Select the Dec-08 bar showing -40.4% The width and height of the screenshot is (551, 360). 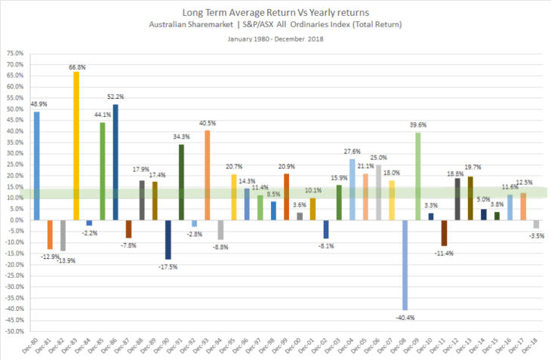pos(406,265)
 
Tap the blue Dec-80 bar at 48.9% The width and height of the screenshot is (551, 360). pos(36,166)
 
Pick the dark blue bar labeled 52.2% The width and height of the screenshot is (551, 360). pos(115,162)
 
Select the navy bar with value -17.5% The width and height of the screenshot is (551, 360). pos(168,240)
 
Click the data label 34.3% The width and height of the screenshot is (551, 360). pos(181,137)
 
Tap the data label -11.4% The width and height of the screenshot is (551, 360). pos(445,252)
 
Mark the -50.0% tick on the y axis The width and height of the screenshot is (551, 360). pos(14,331)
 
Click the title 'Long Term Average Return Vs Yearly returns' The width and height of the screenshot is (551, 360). pos(275,13)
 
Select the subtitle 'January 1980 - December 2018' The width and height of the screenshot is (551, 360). pos(275,39)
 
